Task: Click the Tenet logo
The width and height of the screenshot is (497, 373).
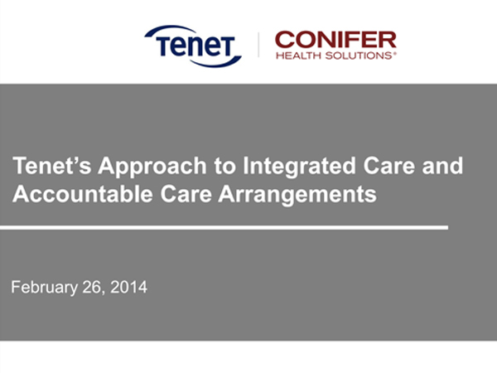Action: pyautogui.click(x=193, y=46)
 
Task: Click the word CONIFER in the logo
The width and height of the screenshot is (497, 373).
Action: pyautogui.click(x=335, y=40)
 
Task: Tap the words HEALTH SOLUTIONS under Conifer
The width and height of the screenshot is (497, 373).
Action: pyautogui.click(x=335, y=56)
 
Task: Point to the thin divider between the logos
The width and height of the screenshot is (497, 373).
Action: pyautogui.click(x=258, y=45)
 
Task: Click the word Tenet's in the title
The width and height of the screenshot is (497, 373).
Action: pyautogui.click(x=51, y=166)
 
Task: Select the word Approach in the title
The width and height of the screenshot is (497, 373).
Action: pyautogui.click(x=152, y=167)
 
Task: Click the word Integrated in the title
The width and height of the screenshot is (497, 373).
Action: pyautogui.click(x=299, y=167)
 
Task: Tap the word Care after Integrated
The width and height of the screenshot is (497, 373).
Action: pyautogui.click(x=389, y=166)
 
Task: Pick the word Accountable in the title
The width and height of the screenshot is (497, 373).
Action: pyautogui.click(x=83, y=194)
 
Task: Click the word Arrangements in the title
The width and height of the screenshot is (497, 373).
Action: pyautogui.click(x=297, y=195)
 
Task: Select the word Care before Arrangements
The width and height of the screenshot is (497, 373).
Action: pyautogui.click(x=186, y=194)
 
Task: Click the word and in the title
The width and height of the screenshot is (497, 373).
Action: pyautogui.click(x=442, y=166)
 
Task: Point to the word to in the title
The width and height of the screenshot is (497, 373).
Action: pyautogui.click(x=224, y=167)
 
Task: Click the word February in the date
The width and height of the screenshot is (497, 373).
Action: pyautogui.click(x=45, y=288)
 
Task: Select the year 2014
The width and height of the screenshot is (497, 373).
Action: pyautogui.click(x=128, y=287)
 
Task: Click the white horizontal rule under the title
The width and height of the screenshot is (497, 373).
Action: pyautogui.click(x=224, y=227)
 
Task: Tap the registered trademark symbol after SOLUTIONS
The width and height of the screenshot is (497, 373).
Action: pyautogui.click(x=394, y=53)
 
